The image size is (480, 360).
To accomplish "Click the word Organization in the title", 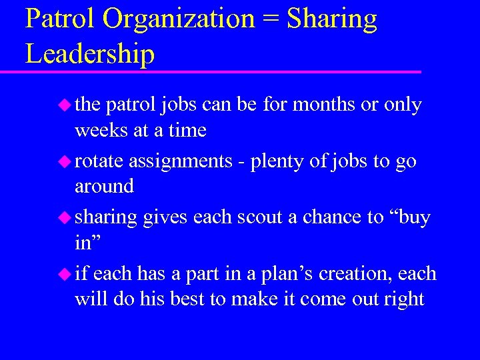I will (178, 19).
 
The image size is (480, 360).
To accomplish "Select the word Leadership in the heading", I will (90, 53).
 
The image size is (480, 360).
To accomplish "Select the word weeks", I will (102, 130).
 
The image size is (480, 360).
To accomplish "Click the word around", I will (104, 186).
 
